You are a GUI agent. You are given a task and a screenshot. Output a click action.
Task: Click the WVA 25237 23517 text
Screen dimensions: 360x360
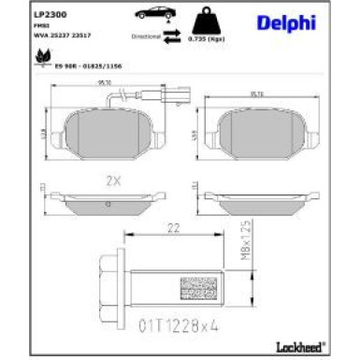(x=57, y=35)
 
